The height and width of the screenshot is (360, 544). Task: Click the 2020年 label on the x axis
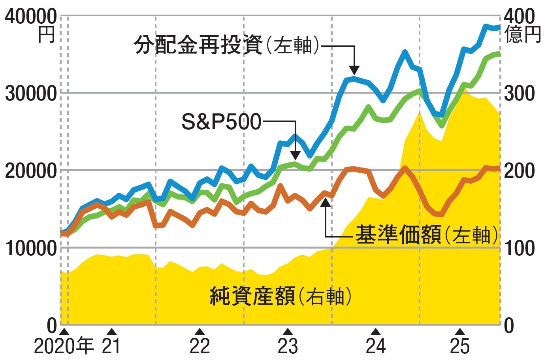[64, 347]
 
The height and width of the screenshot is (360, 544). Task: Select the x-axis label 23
[288, 347]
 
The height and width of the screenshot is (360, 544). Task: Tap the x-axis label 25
[459, 347]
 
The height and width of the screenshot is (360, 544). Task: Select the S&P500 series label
[221, 121]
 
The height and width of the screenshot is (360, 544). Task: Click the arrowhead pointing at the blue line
[354, 70]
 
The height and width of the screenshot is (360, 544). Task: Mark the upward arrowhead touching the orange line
[325, 202]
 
